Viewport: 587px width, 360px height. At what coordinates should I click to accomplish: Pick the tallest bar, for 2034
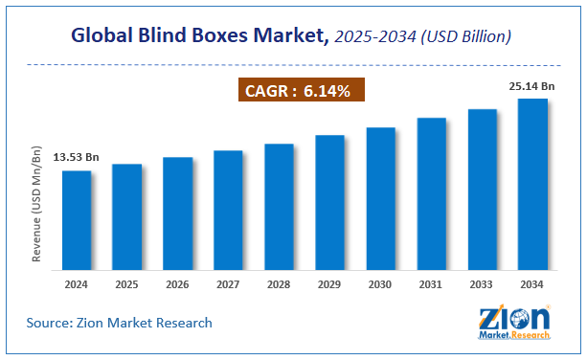point(532,182)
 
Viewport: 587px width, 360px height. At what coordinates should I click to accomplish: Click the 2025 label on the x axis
point(126,285)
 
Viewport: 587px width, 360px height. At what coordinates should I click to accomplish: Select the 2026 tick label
point(177,285)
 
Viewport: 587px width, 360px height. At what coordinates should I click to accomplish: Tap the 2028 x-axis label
point(279,285)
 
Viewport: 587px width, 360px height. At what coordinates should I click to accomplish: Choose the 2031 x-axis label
point(431,285)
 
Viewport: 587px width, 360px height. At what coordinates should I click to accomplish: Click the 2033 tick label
point(482,285)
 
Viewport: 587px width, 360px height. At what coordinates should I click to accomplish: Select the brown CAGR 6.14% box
point(300,91)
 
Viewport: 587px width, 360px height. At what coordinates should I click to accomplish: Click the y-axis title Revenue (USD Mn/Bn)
point(37,204)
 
